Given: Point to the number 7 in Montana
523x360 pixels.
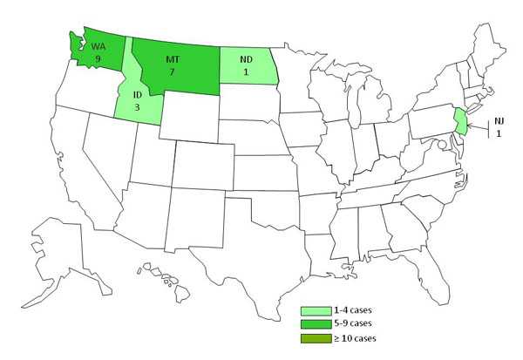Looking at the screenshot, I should [173, 72].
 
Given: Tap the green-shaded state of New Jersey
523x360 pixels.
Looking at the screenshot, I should [460, 121].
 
